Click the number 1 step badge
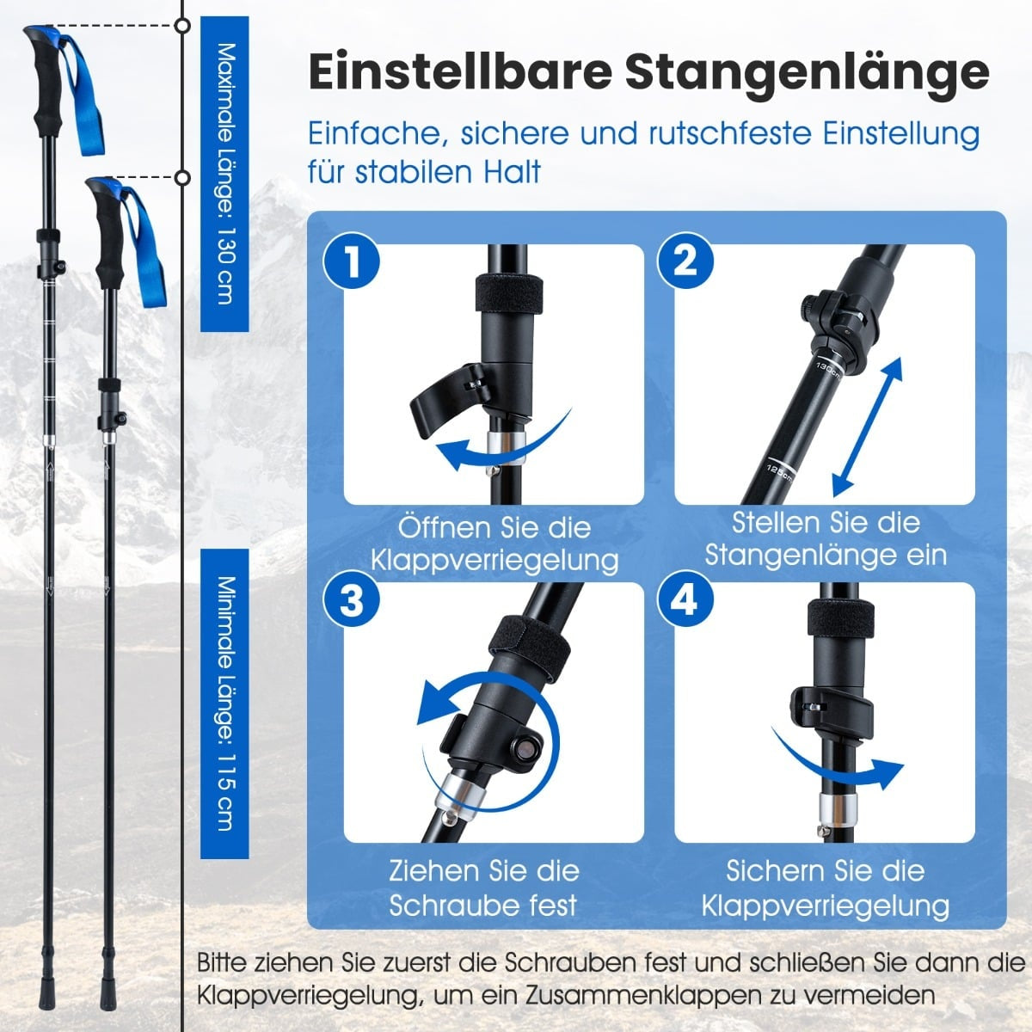(x=352, y=262)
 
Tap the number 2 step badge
(x=685, y=262)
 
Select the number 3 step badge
(x=352, y=599)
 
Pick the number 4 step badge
(x=685, y=599)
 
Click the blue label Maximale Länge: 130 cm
(x=225, y=174)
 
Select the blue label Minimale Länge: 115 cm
(x=225, y=703)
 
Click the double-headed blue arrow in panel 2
(x=868, y=427)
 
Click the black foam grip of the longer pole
(x=49, y=91)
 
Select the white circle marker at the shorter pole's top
(x=184, y=177)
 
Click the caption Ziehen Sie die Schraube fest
(x=483, y=888)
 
